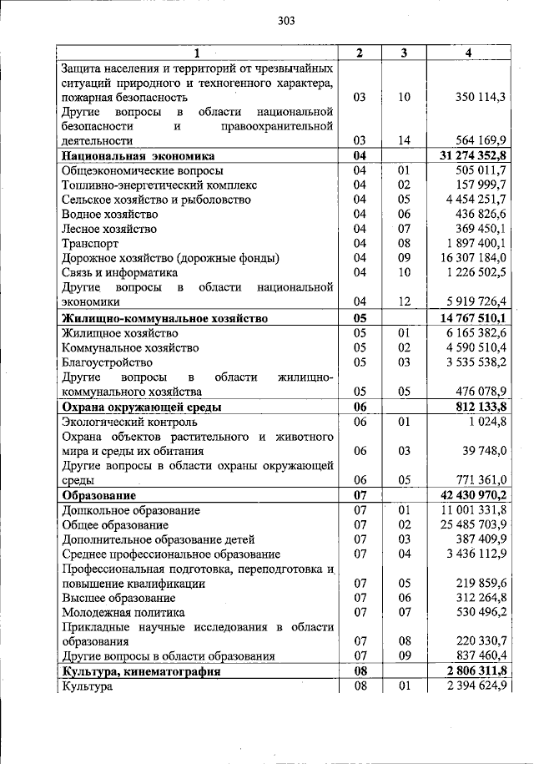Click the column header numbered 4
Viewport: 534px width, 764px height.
tap(468, 53)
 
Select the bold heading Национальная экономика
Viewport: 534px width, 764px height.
tap(138, 156)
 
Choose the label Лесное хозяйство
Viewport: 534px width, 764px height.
tap(109, 229)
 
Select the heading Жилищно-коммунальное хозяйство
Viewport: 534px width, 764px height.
tap(164, 318)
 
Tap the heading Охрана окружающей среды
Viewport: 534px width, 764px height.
tap(142, 407)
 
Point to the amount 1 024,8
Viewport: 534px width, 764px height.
tap(488, 422)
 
